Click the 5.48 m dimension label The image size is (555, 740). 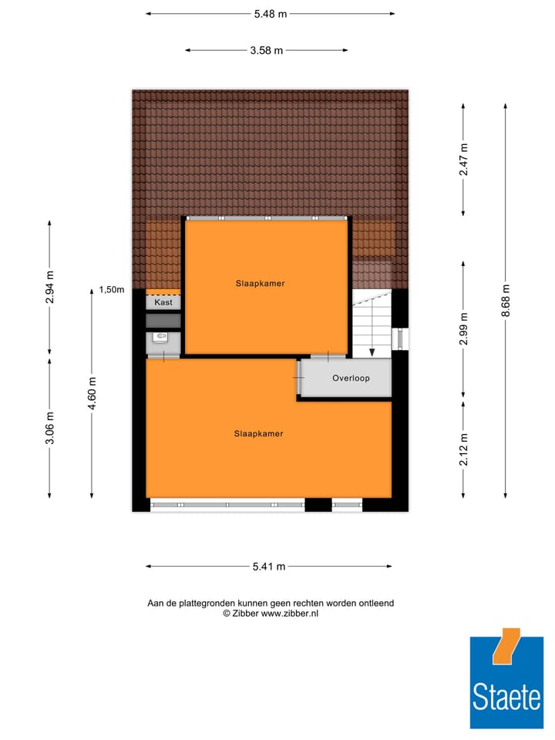[270, 13]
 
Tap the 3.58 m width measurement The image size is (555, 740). [266, 50]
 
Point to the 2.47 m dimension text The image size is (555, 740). [463, 160]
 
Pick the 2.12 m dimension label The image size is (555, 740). [463, 451]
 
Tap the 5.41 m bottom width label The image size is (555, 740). [269, 567]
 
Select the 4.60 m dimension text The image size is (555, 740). [92, 393]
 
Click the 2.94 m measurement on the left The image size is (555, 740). [50, 288]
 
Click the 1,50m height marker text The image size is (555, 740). [112, 290]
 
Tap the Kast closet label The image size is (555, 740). [163, 303]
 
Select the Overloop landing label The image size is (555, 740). [351, 378]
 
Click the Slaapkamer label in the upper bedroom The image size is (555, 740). [260, 284]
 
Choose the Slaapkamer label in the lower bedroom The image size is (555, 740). [258, 434]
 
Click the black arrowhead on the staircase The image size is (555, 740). [372, 352]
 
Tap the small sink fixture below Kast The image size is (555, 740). [162, 337]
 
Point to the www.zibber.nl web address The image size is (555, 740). [289, 614]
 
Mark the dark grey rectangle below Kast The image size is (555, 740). [163, 320]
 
